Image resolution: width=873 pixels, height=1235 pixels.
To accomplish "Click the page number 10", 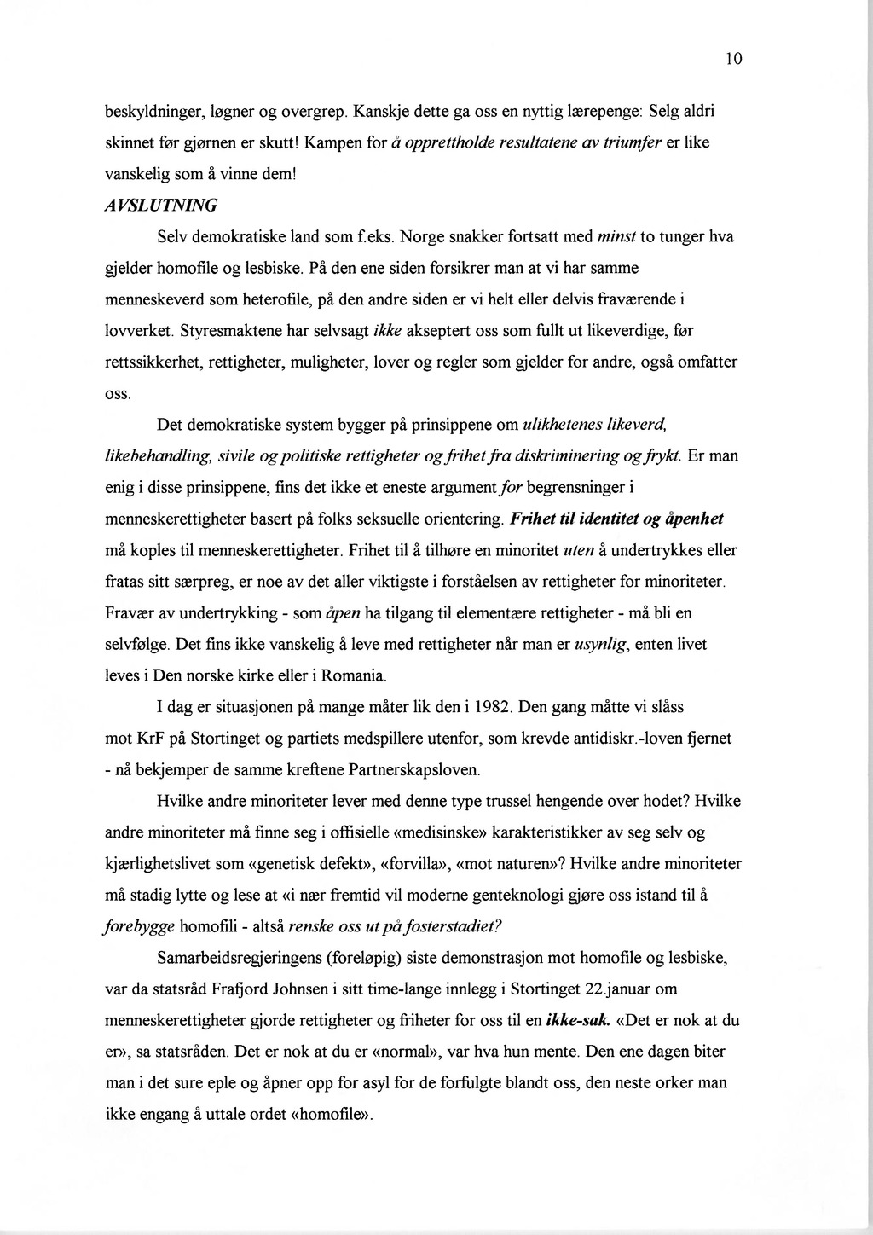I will click(x=735, y=59).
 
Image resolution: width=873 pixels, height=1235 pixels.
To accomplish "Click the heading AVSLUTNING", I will click(x=161, y=206).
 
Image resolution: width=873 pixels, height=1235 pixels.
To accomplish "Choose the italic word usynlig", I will click(x=601, y=646).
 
